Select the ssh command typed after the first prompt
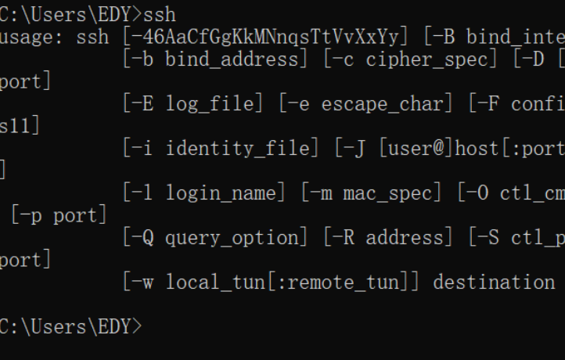(x=160, y=14)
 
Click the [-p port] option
(x=59, y=215)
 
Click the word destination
(x=493, y=282)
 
